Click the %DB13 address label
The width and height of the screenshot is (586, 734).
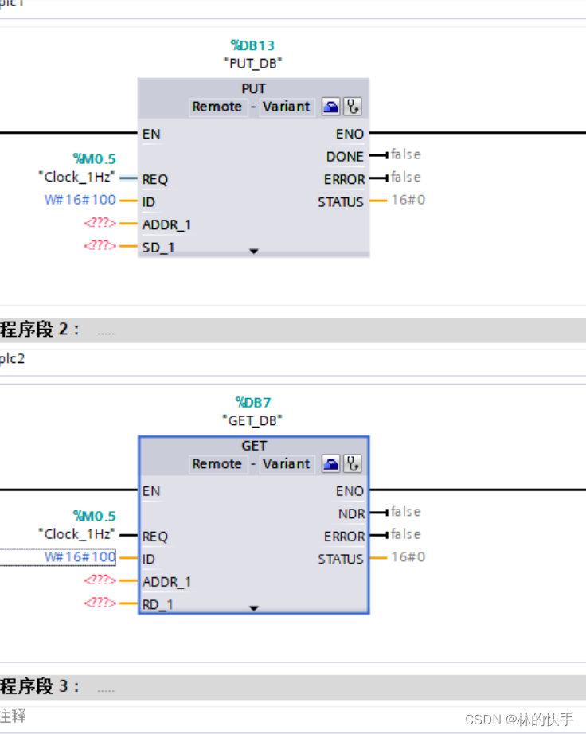click(x=252, y=45)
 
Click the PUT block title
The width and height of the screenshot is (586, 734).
click(x=253, y=88)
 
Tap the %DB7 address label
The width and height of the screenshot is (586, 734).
click(x=252, y=403)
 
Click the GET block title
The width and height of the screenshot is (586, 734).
click(x=254, y=446)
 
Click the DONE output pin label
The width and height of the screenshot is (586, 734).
click(x=345, y=157)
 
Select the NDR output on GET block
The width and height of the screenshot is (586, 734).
click(x=351, y=514)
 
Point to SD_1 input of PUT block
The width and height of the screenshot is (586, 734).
click(x=158, y=248)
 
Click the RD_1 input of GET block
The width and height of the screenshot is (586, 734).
click(x=158, y=605)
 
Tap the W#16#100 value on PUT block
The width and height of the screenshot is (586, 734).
click(x=80, y=200)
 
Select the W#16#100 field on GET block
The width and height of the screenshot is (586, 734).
click(x=80, y=557)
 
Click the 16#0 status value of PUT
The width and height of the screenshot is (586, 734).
click(x=408, y=200)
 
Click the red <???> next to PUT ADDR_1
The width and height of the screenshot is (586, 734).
click(x=100, y=224)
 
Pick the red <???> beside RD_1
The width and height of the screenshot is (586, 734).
click(x=100, y=603)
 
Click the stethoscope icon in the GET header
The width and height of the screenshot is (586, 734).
click(x=353, y=464)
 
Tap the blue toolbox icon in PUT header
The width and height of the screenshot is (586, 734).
click(x=330, y=107)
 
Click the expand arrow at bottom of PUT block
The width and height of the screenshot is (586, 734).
click(x=254, y=251)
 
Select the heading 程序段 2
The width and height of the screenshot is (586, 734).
click(x=40, y=330)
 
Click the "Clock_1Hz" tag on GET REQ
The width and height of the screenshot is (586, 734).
click(x=76, y=534)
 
